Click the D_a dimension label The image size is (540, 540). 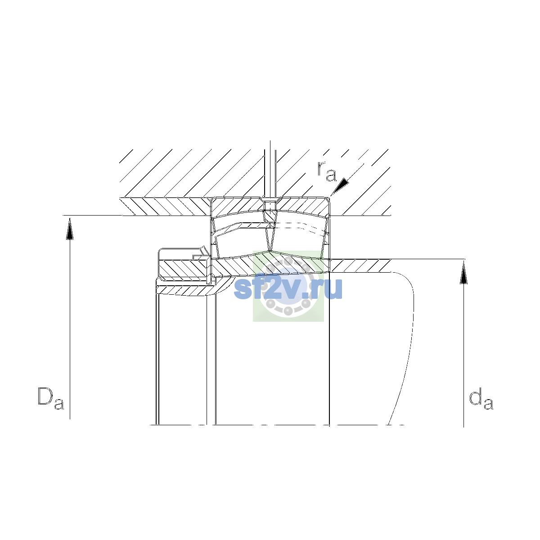tap(51, 398)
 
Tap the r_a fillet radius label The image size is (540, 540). tap(326, 171)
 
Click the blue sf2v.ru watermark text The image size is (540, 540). tap(288, 288)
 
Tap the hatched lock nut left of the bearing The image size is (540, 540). tap(184, 268)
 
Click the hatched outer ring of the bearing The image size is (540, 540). tap(270, 207)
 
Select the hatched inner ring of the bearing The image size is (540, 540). tap(270, 264)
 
